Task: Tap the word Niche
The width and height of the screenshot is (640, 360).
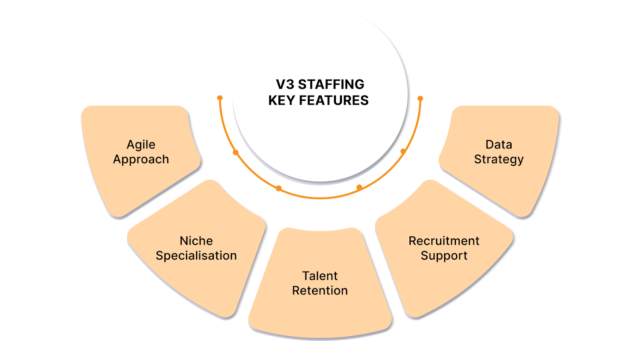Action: point(192,239)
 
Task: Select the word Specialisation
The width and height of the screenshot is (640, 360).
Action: point(192,255)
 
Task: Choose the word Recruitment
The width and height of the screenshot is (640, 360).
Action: point(444,241)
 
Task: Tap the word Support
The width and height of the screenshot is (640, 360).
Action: point(444,257)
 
